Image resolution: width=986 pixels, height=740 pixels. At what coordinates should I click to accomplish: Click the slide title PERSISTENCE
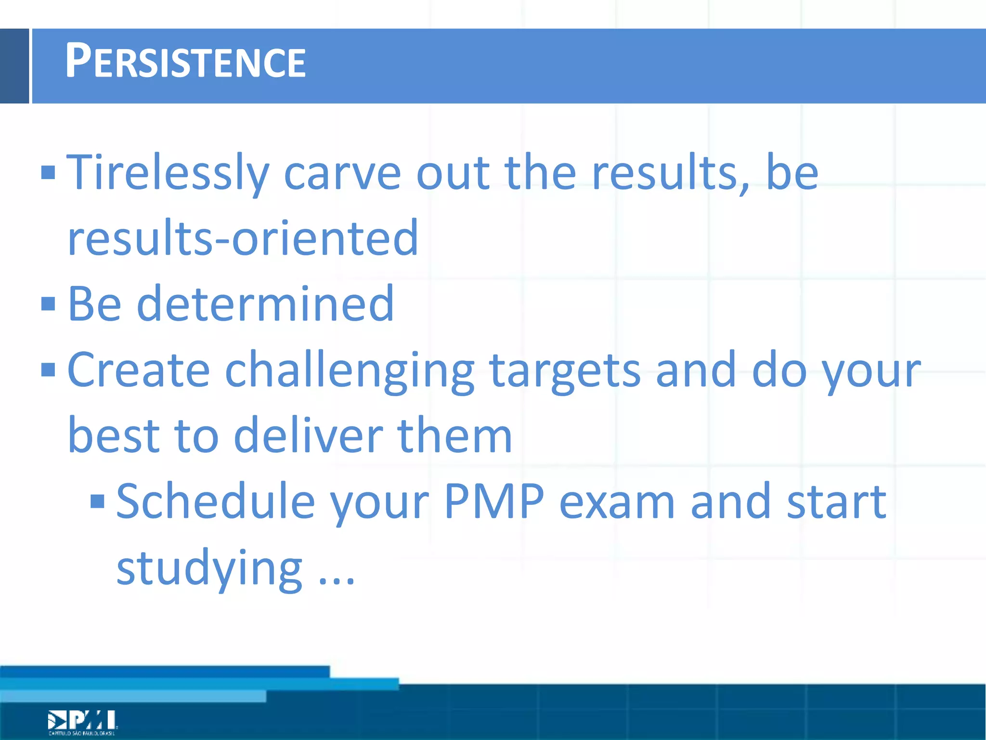click(185, 61)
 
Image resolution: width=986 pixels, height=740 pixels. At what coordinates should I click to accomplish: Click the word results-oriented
click(243, 238)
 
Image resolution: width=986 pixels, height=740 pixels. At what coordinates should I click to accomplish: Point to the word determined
click(265, 304)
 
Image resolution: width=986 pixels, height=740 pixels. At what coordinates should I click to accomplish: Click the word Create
click(139, 370)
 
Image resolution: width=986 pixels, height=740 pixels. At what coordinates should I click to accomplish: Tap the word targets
click(565, 370)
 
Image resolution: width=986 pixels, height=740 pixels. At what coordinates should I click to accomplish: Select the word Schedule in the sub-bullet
click(216, 502)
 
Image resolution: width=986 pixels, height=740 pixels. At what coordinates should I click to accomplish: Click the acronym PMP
click(494, 502)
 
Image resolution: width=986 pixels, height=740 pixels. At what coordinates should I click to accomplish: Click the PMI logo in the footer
click(82, 722)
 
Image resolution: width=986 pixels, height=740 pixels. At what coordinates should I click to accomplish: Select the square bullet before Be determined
click(48, 304)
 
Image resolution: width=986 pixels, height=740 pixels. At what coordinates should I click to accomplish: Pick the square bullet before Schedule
click(97, 502)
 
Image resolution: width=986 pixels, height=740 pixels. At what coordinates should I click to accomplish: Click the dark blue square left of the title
click(14, 66)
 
